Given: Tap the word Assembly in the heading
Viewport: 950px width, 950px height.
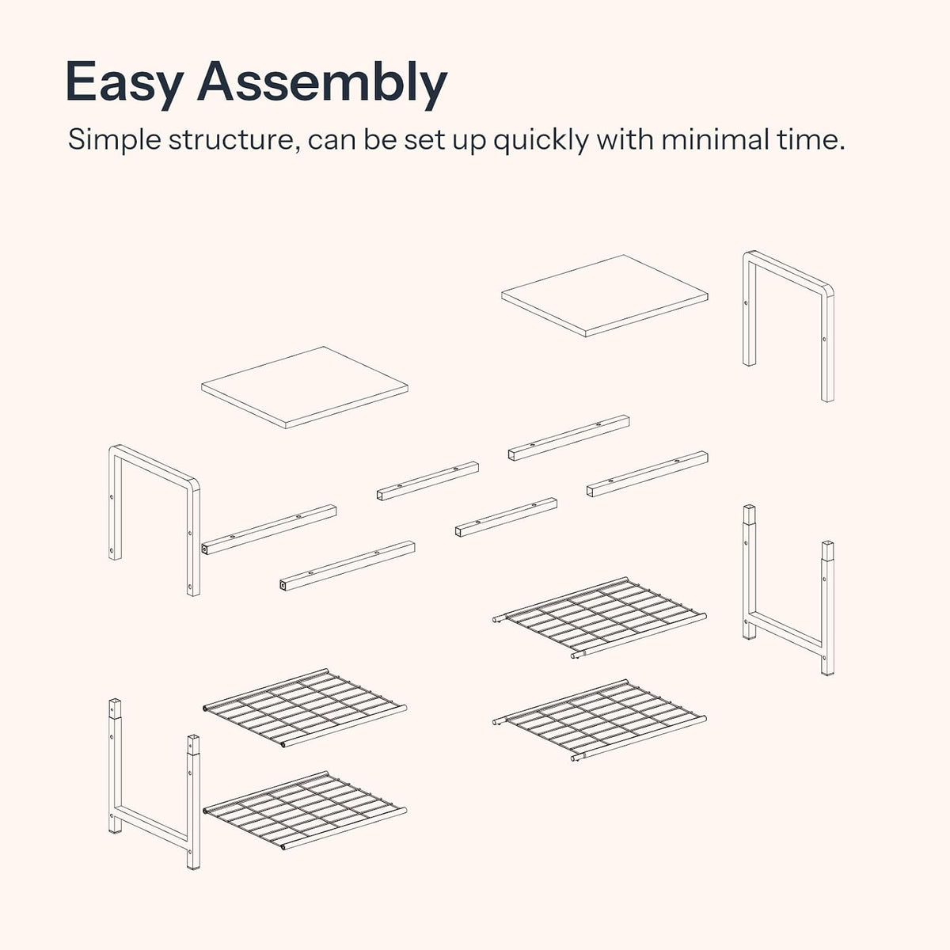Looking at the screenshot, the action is point(322,85).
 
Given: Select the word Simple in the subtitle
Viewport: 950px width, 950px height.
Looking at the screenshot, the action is point(114,140).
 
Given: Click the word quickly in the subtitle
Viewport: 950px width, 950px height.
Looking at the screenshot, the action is point(541,140).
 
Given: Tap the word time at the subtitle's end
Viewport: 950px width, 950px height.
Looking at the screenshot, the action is point(816,139).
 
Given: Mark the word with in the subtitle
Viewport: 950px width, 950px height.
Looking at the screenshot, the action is point(625,139).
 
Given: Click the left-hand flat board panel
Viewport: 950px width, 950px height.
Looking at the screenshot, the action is point(305,387).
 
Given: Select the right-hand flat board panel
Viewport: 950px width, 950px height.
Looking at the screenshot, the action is point(604,296).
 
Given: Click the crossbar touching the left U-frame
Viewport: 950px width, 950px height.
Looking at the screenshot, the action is point(269,530).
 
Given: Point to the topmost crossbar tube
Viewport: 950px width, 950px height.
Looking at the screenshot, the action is point(569,438).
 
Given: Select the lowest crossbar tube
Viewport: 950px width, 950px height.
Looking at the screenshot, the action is point(348,565).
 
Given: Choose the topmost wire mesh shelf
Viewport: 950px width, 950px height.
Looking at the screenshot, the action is point(599,617).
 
